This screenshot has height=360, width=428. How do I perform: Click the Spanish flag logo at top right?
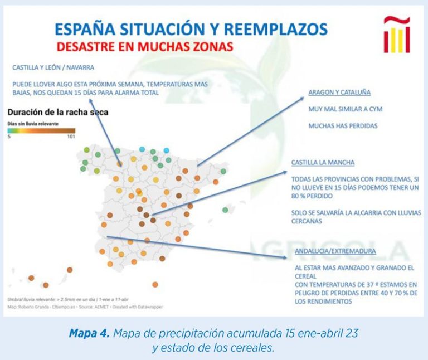397,35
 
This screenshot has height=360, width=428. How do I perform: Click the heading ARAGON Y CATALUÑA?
339,91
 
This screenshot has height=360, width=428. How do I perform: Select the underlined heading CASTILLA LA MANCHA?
323,162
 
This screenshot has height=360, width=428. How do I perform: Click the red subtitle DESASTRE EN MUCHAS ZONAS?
144,46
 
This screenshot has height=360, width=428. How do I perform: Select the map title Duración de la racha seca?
57,112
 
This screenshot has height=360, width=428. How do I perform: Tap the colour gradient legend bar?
41,130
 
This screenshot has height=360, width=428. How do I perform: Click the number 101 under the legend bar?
71,137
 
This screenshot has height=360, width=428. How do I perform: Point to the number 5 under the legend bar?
9,137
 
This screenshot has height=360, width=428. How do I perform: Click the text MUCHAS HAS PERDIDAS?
343,126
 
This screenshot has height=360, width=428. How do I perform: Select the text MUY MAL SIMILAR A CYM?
345,109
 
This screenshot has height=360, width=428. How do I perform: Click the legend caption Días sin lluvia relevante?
33,123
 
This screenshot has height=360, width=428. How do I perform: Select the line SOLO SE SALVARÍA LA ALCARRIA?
356,212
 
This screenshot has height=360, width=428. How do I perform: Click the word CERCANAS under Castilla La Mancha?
308,221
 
